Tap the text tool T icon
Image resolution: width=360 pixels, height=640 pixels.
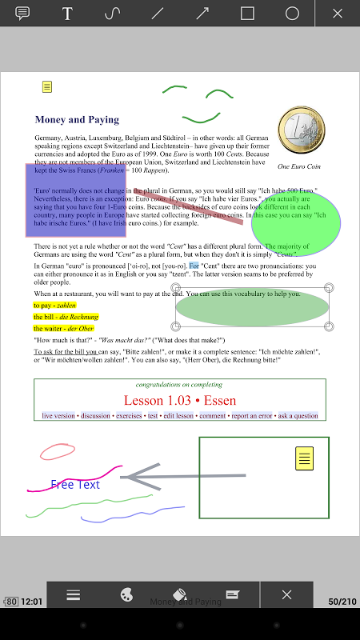point(67,14)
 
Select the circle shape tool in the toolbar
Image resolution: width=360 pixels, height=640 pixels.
point(292,14)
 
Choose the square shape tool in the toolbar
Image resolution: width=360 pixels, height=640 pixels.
point(247,14)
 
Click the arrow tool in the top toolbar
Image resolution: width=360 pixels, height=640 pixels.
point(202,14)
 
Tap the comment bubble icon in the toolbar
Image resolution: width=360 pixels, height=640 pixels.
point(22,14)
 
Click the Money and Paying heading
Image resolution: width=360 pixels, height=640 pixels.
point(77,120)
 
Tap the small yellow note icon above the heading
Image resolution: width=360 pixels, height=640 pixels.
point(47,87)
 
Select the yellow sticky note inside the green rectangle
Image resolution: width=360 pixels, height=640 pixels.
point(304,458)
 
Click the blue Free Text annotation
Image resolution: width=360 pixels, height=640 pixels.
point(75,485)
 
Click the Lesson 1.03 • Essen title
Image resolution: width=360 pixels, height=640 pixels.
point(180,400)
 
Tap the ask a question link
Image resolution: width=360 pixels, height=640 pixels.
point(298,416)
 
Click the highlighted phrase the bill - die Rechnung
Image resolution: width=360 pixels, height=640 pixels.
point(66,317)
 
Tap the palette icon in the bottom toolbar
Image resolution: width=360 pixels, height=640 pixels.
point(126,595)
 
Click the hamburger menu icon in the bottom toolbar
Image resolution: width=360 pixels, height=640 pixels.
point(74,595)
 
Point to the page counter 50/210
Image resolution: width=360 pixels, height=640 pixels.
point(342,601)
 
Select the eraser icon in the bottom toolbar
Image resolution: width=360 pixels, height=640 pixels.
point(180,595)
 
